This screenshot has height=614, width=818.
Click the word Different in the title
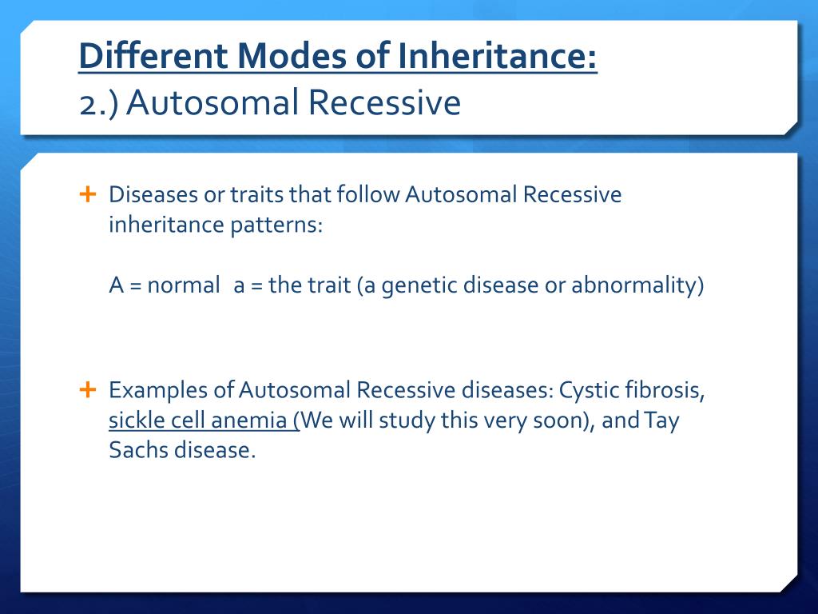pyautogui.click(x=153, y=55)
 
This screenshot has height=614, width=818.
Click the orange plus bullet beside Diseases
pyautogui.click(x=88, y=194)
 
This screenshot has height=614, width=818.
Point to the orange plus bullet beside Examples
pyautogui.click(x=88, y=389)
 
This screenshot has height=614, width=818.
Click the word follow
pyautogui.click(x=368, y=193)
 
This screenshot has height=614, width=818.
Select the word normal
pyautogui.click(x=184, y=285)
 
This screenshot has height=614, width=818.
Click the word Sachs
pyautogui.click(x=138, y=450)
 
